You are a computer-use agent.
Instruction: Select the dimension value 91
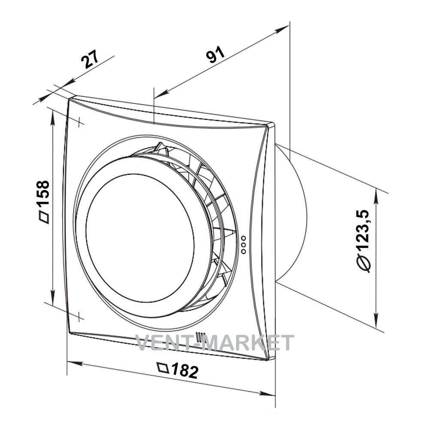pyautogui.click(x=215, y=54)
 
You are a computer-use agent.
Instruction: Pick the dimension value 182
pyautogui.click(x=184, y=371)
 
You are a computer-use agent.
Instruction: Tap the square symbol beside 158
pyautogui.click(x=44, y=217)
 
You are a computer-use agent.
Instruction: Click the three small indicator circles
pyautogui.click(x=244, y=245)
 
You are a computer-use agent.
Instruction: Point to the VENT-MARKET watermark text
pyautogui.click(x=215, y=342)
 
